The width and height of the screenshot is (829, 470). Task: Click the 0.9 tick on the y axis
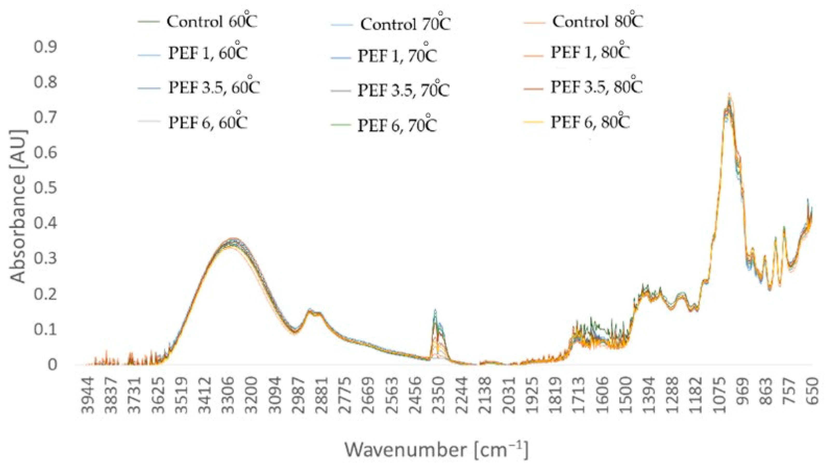[45, 47]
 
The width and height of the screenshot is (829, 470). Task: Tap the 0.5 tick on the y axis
[45, 188]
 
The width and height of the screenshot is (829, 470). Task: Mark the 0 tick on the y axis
[52, 365]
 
